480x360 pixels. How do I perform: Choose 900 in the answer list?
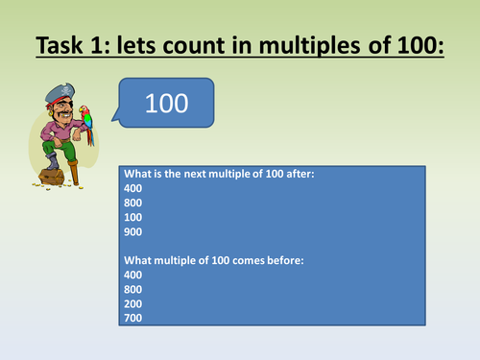click(134, 233)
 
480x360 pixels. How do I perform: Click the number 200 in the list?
click(134, 301)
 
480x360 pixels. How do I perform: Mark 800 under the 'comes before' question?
click(134, 288)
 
